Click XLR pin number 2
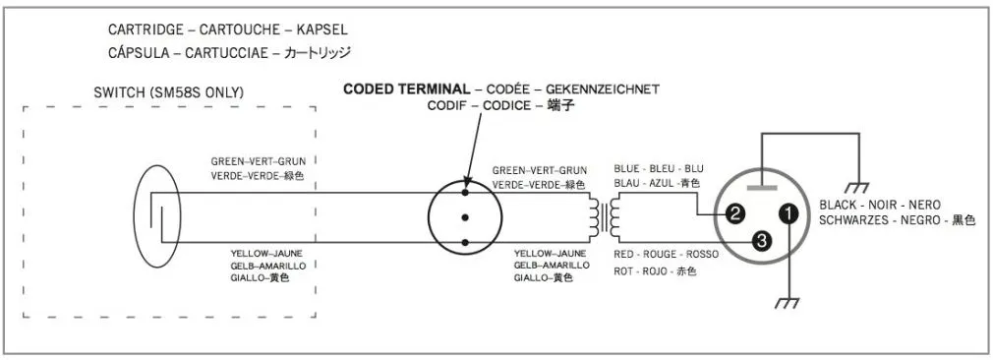pos(734,214)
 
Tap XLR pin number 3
pos(762,240)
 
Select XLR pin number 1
pos(788,214)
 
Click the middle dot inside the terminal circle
pos(465,217)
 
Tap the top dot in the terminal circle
pos(465,192)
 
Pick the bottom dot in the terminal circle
pos(465,242)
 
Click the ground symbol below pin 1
pos(788,302)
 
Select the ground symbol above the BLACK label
pos(857,187)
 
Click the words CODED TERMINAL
pos(407,90)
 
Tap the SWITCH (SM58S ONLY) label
pos(168,92)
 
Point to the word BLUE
pos(627,169)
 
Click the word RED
pos(623,254)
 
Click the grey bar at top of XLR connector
pos(762,187)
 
